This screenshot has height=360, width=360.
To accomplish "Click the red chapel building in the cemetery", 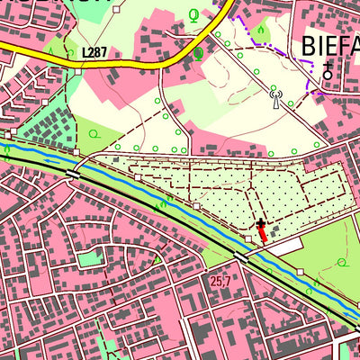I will [x=263, y=234].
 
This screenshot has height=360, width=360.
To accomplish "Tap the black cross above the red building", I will [x=261, y=222].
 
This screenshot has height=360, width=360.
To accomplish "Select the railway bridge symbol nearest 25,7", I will [x=241, y=256].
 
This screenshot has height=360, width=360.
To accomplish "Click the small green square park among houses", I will [x=90, y=259].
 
